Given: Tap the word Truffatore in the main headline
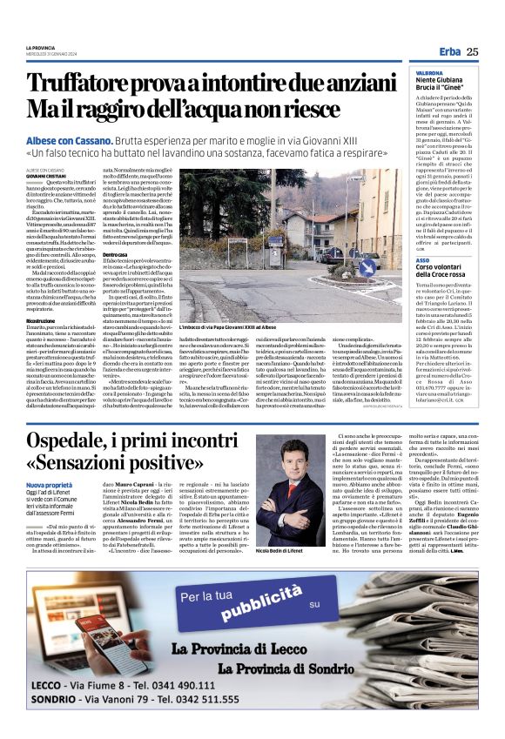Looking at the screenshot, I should click(83, 84).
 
